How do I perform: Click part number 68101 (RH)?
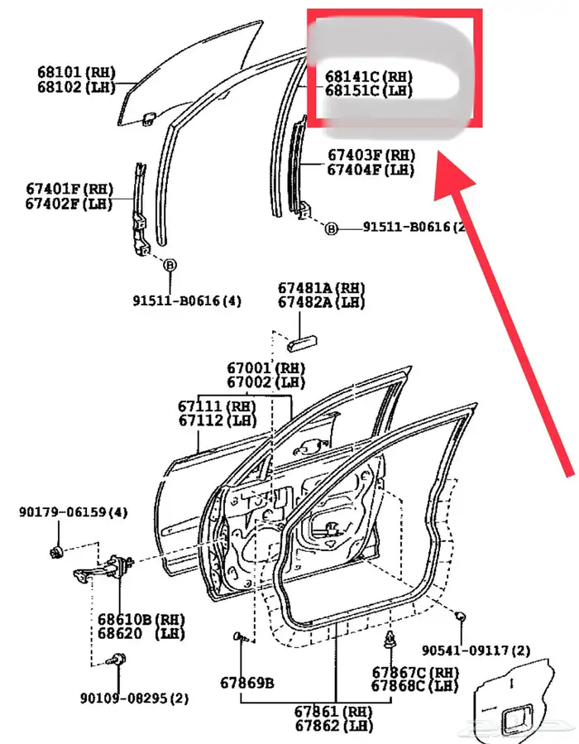[x=77, y=71]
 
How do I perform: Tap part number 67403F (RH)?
[x=371, y=155]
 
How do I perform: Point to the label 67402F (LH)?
[x=69, y=203]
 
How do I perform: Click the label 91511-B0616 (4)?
[x=188, y=300]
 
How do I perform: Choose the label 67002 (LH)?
[x=266, y=382]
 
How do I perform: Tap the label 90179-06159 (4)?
[x=74, y=513]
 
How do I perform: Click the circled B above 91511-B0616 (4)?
[x=170, y=266]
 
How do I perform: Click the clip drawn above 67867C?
[x=389, y=639]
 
